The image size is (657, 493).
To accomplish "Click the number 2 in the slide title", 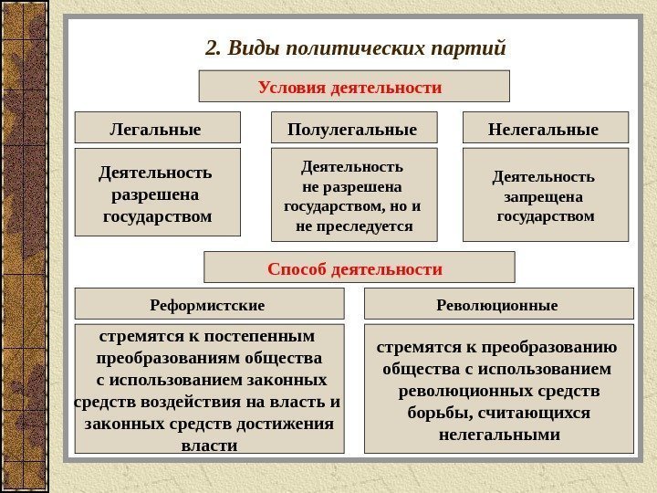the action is pos(212,47).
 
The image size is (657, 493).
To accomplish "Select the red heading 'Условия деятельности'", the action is pos(350,88).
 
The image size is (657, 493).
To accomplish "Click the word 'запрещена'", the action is pos(543,196).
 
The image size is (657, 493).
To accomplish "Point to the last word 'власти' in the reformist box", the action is pos(209,446).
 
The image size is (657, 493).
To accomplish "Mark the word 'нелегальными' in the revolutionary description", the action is pos(498,435).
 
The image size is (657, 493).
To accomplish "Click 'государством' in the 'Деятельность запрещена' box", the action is pos(545,216).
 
